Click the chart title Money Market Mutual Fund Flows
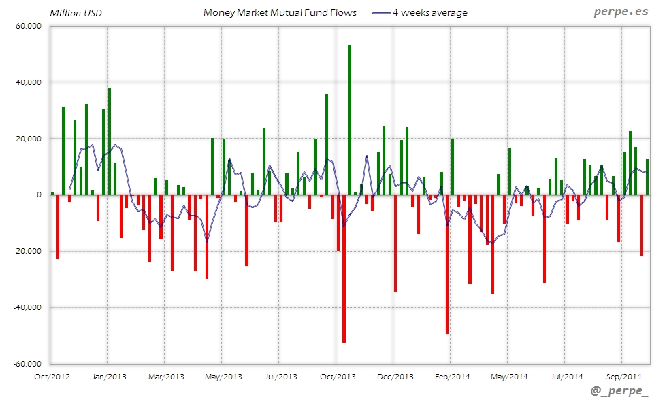coord(280,12)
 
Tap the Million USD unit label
coord(75,13)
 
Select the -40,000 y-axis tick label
coord(27,307)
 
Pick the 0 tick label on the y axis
coord(39,194)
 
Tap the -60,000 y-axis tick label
coord(27,364)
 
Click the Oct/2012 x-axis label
coord(52,376)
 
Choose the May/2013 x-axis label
coord(223,376)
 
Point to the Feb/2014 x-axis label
coord(452,376)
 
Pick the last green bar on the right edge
coord(647,177)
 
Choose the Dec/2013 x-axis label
coord(395,376)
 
